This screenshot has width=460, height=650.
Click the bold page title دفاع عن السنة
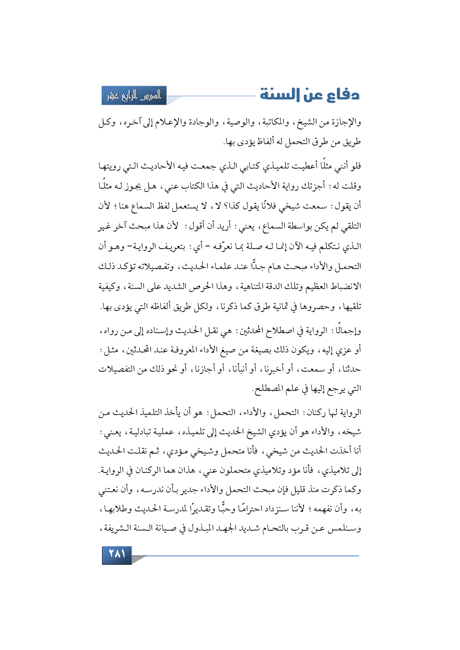tap(310, 95)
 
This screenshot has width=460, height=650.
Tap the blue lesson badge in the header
tap(134, 96)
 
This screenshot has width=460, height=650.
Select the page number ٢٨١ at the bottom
tap(117, 554)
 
